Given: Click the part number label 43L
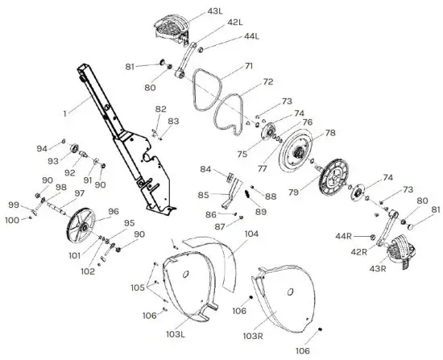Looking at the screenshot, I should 215,11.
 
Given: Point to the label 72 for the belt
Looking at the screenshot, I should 267,81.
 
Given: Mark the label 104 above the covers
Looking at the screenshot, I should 251,234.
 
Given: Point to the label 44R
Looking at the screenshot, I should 344,236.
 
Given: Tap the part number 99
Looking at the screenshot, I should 14,205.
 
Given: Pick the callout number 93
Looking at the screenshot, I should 52,161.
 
